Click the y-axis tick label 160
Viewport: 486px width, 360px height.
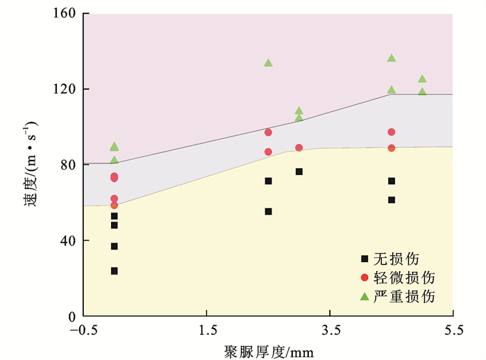coord(66,14)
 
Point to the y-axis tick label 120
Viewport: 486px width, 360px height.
coord(66,90)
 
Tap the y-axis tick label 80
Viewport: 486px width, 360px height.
coord(69,165)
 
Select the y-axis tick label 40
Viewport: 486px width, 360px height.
coord(69,240)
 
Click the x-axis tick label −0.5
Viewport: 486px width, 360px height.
coord(83,330)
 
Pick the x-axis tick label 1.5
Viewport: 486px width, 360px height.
coord(207,330)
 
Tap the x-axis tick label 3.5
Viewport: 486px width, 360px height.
coord(330,330)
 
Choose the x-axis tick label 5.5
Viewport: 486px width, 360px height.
coord(453,330)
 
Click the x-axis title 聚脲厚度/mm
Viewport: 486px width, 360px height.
coord(269,350)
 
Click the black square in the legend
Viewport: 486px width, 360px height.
coord(364,259)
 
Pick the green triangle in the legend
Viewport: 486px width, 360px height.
coord(364,296)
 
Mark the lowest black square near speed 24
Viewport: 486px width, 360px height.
coord(114,271)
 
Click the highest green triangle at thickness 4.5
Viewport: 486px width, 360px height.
coord(392,58)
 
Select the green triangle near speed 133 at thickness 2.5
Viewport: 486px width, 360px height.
coord(268,63)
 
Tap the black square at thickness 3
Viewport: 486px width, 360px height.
coord(299,172)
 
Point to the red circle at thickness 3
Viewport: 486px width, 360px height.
coord(299,148)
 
